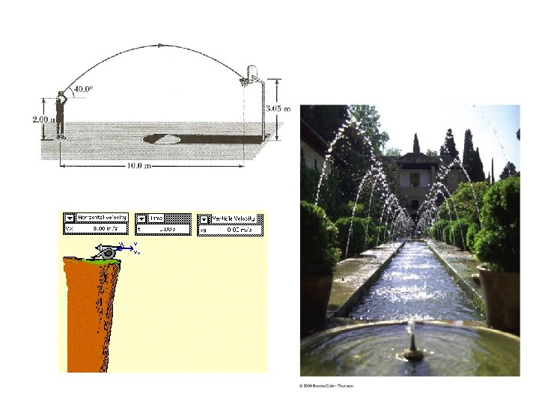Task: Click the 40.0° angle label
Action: (83, 89)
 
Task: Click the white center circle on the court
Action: (161, 138)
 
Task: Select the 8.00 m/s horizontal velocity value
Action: (103, 229)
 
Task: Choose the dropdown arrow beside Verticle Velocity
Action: (204, 219)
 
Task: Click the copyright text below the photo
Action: (326, 385)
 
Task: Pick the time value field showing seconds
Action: (169, 229)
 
